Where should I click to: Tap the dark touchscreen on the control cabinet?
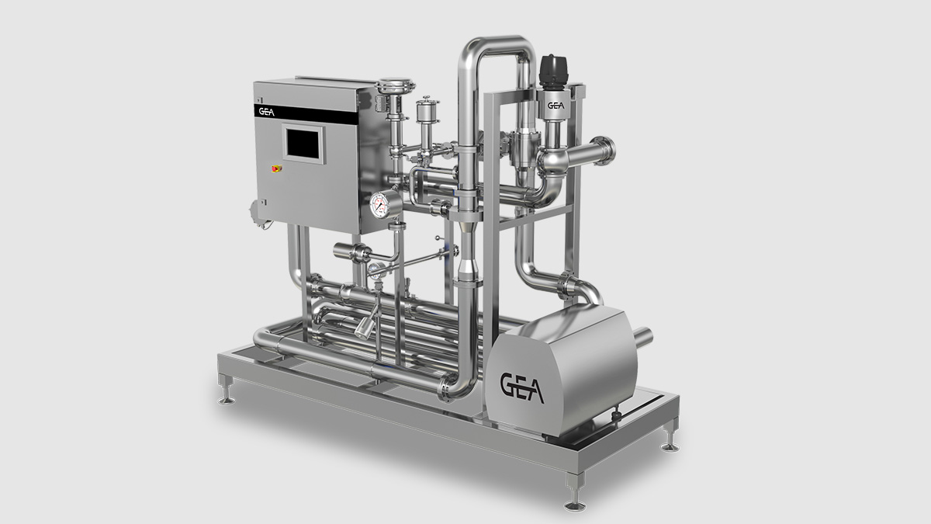(303, 145)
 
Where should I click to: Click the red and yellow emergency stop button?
(273, 167)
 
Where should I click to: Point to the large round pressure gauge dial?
(381, 204)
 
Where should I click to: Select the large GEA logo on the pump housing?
(521, 386)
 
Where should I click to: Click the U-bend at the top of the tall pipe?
(497, 47)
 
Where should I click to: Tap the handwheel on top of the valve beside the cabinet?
(393, 84)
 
